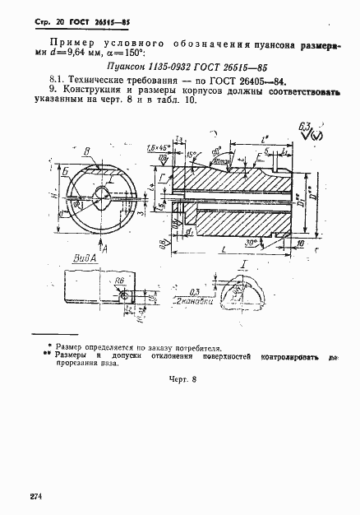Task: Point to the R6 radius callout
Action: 120,281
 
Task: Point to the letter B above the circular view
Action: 86,151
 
